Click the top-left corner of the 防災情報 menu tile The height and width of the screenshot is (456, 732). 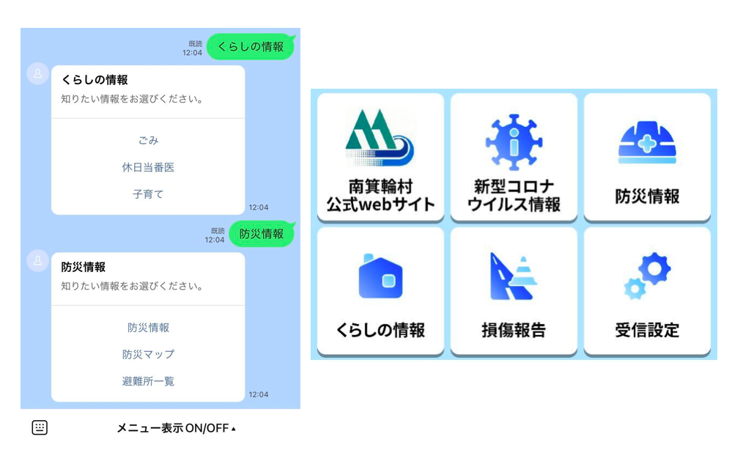585,93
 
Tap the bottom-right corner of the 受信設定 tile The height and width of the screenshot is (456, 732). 711,356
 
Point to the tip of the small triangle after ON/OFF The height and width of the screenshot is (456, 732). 234,426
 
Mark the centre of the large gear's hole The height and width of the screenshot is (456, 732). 654,268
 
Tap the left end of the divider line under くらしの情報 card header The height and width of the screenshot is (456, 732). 51,118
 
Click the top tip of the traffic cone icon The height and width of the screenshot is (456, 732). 523,257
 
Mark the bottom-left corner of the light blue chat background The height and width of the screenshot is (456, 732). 21,409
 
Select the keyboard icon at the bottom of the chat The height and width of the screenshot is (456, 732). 40,427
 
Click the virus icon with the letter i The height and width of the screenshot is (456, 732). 514,142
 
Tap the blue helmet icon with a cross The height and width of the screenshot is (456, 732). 647,142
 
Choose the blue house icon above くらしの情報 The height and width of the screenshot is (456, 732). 380,276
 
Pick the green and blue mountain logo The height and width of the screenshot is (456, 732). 379,137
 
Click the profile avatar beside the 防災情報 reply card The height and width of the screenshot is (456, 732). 38,261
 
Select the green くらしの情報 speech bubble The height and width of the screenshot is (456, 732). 251,47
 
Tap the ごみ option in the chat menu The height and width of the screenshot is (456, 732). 149,140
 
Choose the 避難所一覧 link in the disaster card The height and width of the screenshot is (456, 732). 149,381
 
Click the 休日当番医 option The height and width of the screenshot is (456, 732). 149,167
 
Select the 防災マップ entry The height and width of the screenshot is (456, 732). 149,354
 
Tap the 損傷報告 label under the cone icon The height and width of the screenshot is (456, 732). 514,331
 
